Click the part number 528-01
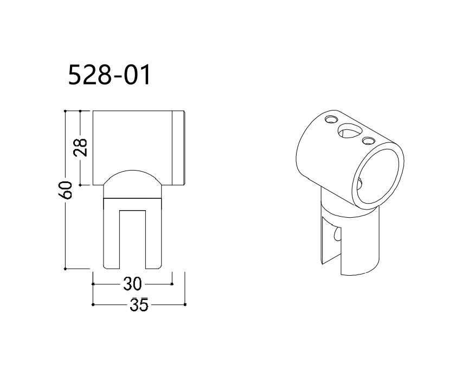coord(108,75)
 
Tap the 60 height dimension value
coord(66,190)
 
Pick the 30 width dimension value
coord(132,283)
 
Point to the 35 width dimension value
coord(139,305)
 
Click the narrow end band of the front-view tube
coord(179,148)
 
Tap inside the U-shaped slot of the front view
coord(132,238)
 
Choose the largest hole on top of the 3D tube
coord(348,130)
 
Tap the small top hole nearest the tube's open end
coord(369,141)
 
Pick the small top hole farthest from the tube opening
coord(330,119)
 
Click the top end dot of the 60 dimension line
coord(66,111)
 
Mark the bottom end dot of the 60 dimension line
coord(66,268)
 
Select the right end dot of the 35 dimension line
coord(185,304)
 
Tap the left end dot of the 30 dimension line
coord(93,283)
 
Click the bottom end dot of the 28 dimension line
coord(80,185)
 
